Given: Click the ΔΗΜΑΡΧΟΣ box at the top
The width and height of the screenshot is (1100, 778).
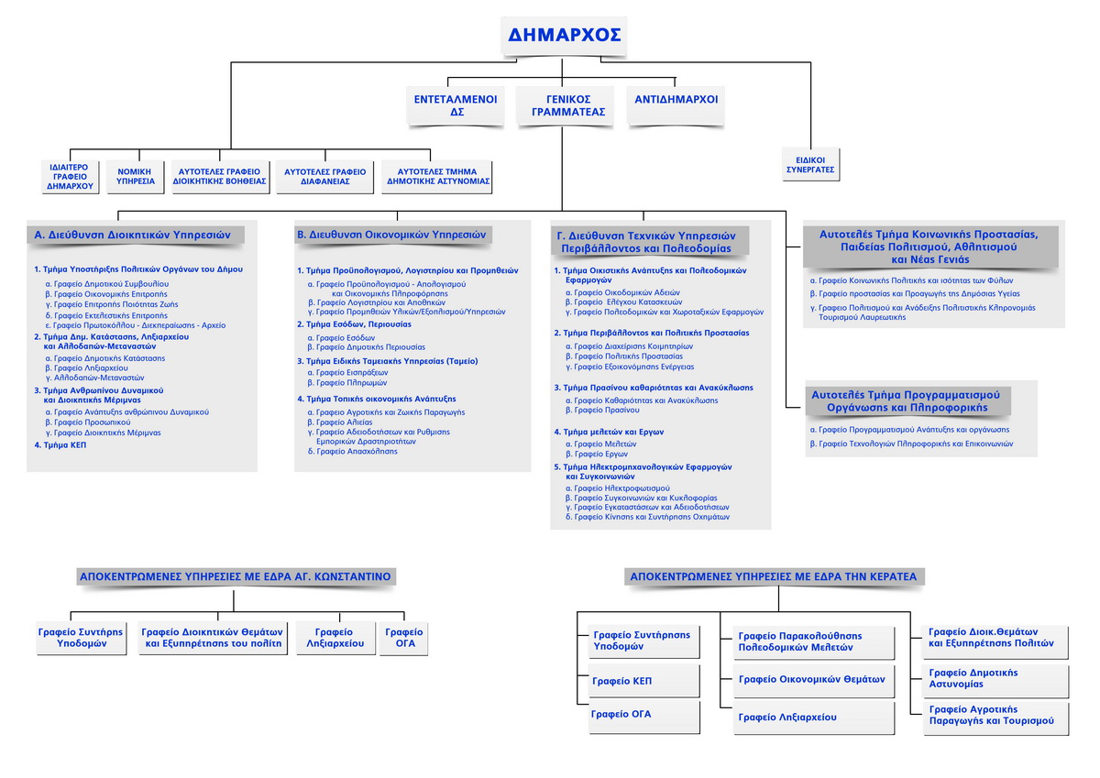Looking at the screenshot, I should pyautogui.click(x=564, y=37).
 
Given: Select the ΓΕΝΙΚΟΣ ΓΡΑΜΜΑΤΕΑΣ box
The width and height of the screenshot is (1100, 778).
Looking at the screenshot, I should pyautogui.click(x=563, y=105).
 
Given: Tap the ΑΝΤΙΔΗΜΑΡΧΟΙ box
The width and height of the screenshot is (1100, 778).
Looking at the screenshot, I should pyautogui.click(x=676, y=100).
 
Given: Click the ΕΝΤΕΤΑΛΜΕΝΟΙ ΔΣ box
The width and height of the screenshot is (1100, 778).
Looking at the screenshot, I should pyautogui.click(x=455, y=105).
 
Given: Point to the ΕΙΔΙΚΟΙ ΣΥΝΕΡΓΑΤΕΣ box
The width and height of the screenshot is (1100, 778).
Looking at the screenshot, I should pyautogui.click(x=810, y=164).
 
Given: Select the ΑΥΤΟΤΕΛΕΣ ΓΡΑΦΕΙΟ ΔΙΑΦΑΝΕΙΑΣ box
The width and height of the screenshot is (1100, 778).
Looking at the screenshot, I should pyautogui.click(x=324, y=176).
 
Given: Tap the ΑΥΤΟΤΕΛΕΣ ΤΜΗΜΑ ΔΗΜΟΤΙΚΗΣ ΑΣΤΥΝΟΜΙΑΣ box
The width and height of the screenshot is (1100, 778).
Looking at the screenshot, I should pyautogui.click(x=436, y=176).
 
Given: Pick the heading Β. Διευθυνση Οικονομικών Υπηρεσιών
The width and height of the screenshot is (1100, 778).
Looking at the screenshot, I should pyautogui.click(x=391, y=235).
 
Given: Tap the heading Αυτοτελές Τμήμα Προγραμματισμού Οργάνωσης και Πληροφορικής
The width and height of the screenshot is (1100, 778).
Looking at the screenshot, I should pyautogui.click(x=907, y=400).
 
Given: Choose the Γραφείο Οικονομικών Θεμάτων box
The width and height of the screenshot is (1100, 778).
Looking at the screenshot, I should pyautogui.click(x=812, y=680).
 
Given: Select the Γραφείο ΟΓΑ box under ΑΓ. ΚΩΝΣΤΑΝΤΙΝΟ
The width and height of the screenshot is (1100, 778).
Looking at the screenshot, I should pyautogui.click(x=404, y=638).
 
